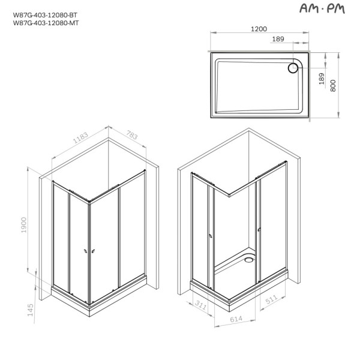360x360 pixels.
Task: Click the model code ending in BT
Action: click(x=45, y=15)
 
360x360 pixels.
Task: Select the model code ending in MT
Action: click(x=46, y=23)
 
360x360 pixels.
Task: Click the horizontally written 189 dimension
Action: click(x=278, y=40)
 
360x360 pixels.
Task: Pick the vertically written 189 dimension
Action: click(x=322, y=79)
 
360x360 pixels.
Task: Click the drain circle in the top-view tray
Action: click(x=293, y=68)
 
